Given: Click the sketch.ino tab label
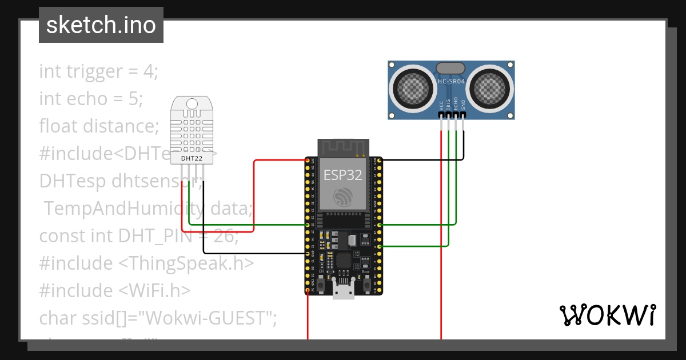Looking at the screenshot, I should point(101,25).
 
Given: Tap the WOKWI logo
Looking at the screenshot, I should point(607,315).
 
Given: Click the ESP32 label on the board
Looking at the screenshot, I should point(343,175).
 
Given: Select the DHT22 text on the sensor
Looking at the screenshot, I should point(191,158).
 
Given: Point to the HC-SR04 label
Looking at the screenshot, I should point(452,81).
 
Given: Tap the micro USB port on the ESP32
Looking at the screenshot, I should point(343,291).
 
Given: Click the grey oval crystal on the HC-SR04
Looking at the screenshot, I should point(452,69).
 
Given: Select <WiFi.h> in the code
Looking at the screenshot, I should point(154,290).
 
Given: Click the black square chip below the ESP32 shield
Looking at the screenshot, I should point(343,261).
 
